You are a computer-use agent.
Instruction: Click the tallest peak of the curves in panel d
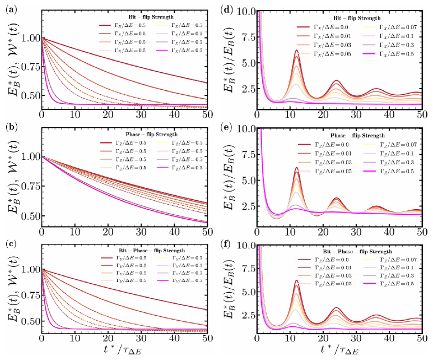point(297,50)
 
